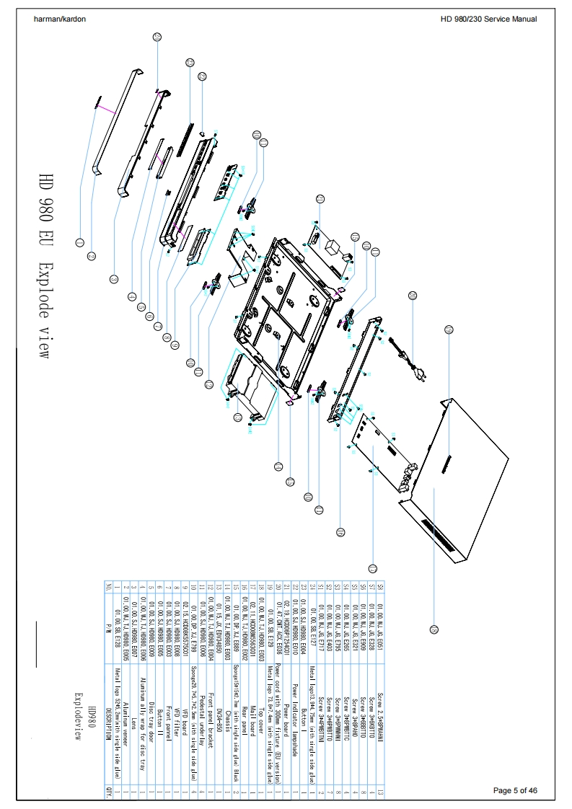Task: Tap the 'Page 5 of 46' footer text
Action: [x=515, y=791]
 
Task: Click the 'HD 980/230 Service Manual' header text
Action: [x=488, y=19]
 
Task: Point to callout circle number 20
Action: [x=412, y=295]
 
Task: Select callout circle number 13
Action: [x=237, y=416]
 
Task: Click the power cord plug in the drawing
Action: [x=418, y=373]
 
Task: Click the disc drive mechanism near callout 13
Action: [x=252, y=386]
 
